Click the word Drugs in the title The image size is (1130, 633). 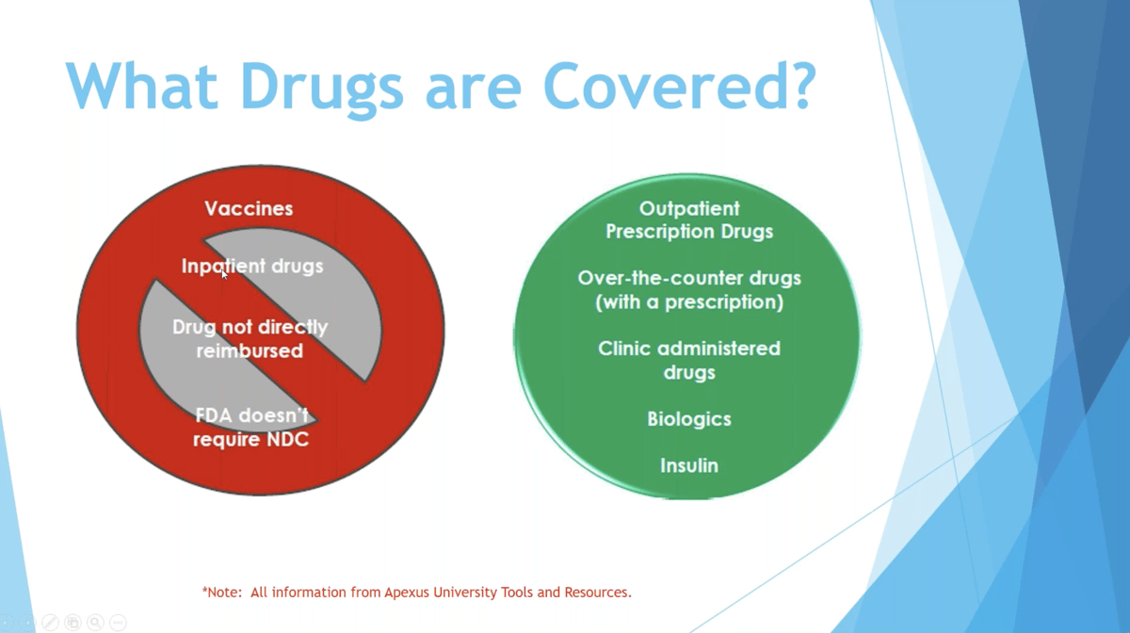click(322, 89)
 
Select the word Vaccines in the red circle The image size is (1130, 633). click(249, 208)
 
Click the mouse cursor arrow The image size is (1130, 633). click(224, 274)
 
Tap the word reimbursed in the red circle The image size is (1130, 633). click(250, 350)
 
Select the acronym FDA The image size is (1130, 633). click(214, 415)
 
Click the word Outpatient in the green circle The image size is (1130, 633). click(689, 208)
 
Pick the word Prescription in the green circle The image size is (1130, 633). click(660, 231)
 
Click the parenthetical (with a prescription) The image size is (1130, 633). click(689, 301)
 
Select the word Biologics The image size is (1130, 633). click(689, 419)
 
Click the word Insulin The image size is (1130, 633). click(689, 465)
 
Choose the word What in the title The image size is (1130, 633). click(142, 85)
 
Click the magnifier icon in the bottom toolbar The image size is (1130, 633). click(95, 623)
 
